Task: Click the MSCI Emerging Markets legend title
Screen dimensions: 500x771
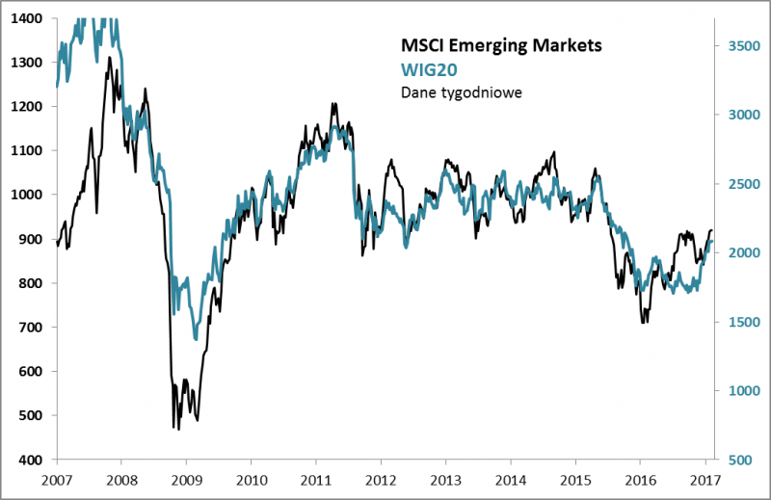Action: point(500,45)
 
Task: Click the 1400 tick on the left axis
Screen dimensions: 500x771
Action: point(28,18)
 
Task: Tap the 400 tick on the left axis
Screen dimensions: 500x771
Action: point(32,460)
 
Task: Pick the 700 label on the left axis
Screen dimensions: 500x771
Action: point(32,328)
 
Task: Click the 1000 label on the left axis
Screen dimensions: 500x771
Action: point(28,195)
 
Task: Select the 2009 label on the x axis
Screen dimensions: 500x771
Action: point(187,479)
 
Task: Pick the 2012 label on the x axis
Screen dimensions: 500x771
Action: point(382,479)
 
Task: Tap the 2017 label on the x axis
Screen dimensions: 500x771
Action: point(705,479)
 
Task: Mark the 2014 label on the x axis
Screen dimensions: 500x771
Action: point(511,479)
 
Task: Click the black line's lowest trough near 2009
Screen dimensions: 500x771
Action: point(179,429)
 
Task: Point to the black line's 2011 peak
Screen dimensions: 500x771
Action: point(332,103)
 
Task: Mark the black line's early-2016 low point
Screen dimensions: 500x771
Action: point(643,322)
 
